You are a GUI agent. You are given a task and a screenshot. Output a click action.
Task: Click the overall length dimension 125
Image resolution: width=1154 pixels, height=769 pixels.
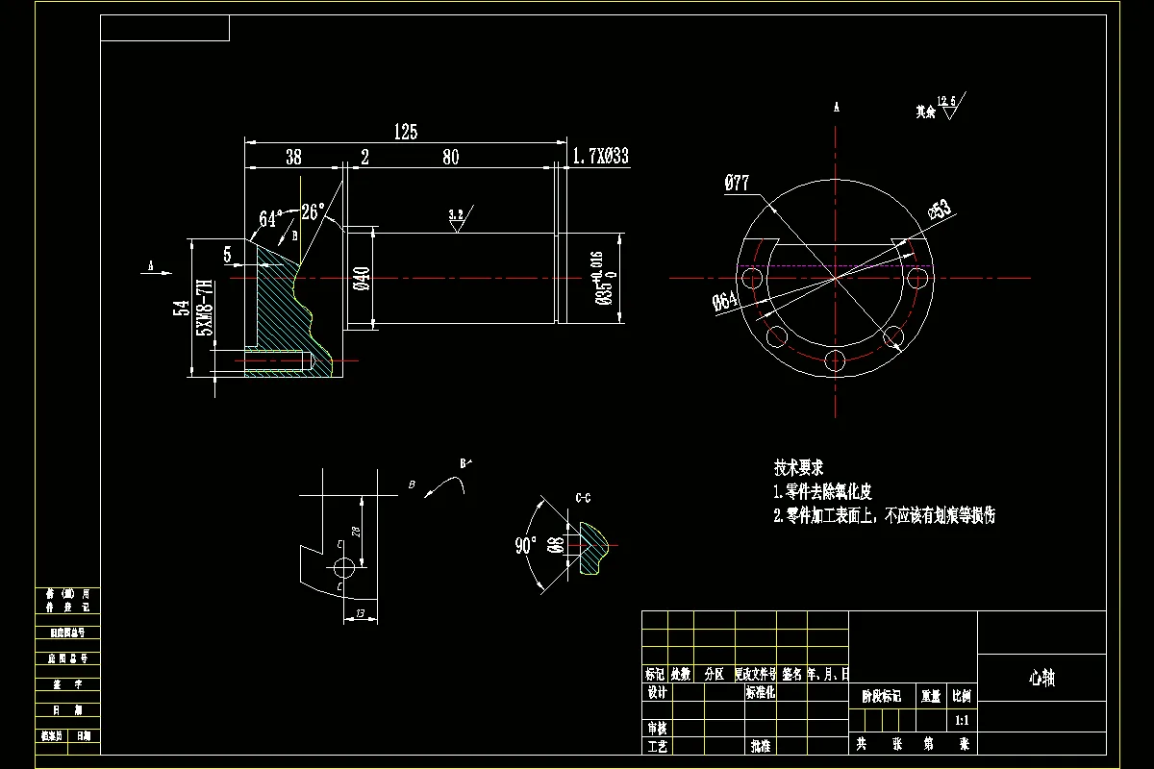(406, 132)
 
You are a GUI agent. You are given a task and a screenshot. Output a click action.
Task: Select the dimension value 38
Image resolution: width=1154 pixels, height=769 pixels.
(294, 157)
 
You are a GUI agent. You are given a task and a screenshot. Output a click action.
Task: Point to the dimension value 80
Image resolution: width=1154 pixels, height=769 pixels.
(450, 157)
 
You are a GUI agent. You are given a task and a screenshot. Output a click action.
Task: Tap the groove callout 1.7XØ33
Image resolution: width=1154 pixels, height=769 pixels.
(601, 156)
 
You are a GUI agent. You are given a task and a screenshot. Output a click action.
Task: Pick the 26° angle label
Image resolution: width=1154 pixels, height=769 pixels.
(314, 211)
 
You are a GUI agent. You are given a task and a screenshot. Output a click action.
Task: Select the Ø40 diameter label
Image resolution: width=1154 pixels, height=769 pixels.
(362, 278)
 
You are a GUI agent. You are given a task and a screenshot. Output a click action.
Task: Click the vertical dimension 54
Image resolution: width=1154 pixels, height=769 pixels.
(180, 308)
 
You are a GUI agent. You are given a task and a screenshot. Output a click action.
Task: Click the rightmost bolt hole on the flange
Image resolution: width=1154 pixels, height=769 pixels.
(918, 278)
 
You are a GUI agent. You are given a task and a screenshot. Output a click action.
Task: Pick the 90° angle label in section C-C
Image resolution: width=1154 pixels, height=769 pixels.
(525, 546)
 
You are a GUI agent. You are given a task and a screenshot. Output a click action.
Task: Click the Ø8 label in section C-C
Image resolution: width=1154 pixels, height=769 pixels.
(555, 547)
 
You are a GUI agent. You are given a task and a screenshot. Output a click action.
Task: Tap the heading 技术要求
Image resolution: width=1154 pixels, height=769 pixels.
(798, 468)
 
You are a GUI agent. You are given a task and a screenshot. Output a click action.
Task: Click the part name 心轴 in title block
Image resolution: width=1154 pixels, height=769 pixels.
(1041, 678)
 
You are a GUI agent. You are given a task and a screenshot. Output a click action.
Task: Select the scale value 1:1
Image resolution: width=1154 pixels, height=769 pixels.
(962, 719)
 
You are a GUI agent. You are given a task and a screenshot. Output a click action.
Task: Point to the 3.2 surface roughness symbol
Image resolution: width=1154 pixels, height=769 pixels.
(457, 217)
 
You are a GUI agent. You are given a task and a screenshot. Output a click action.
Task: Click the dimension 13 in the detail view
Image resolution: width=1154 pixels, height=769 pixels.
(360, 613)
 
